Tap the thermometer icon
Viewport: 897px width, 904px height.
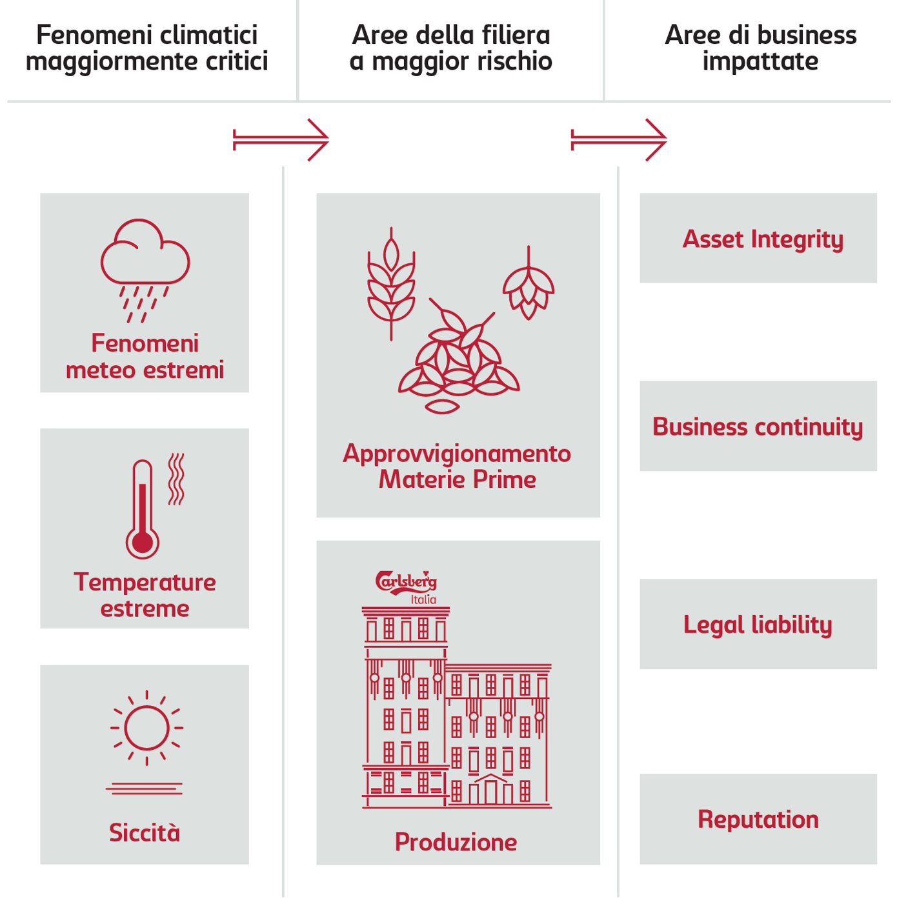[x=143, y=510]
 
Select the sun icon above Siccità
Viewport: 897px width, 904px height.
[x=146, y=727]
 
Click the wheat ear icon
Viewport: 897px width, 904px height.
[x=391, y=284]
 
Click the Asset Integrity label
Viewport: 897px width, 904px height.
[x=763, y=239]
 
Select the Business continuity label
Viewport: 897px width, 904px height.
[x=758, y=427]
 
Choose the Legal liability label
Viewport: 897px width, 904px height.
[x=758, y=625]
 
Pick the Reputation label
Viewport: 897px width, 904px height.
[x=758, y=819]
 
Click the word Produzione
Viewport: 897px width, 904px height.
[x=456, y=842]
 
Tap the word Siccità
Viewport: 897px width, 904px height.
[x=145, y=832]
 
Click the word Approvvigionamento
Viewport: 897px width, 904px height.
[x=457, y=454]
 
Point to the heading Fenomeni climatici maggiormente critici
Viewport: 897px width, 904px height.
[x=147, y=48]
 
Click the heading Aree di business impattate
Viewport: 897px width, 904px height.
[x=760, y=48]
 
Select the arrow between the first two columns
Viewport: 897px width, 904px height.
[x=281, y=139]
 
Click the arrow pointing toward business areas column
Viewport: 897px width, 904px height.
[x=619, y=139]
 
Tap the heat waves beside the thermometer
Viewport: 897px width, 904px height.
[x=176, y=479]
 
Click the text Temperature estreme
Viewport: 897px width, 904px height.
[x=145, y=595]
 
